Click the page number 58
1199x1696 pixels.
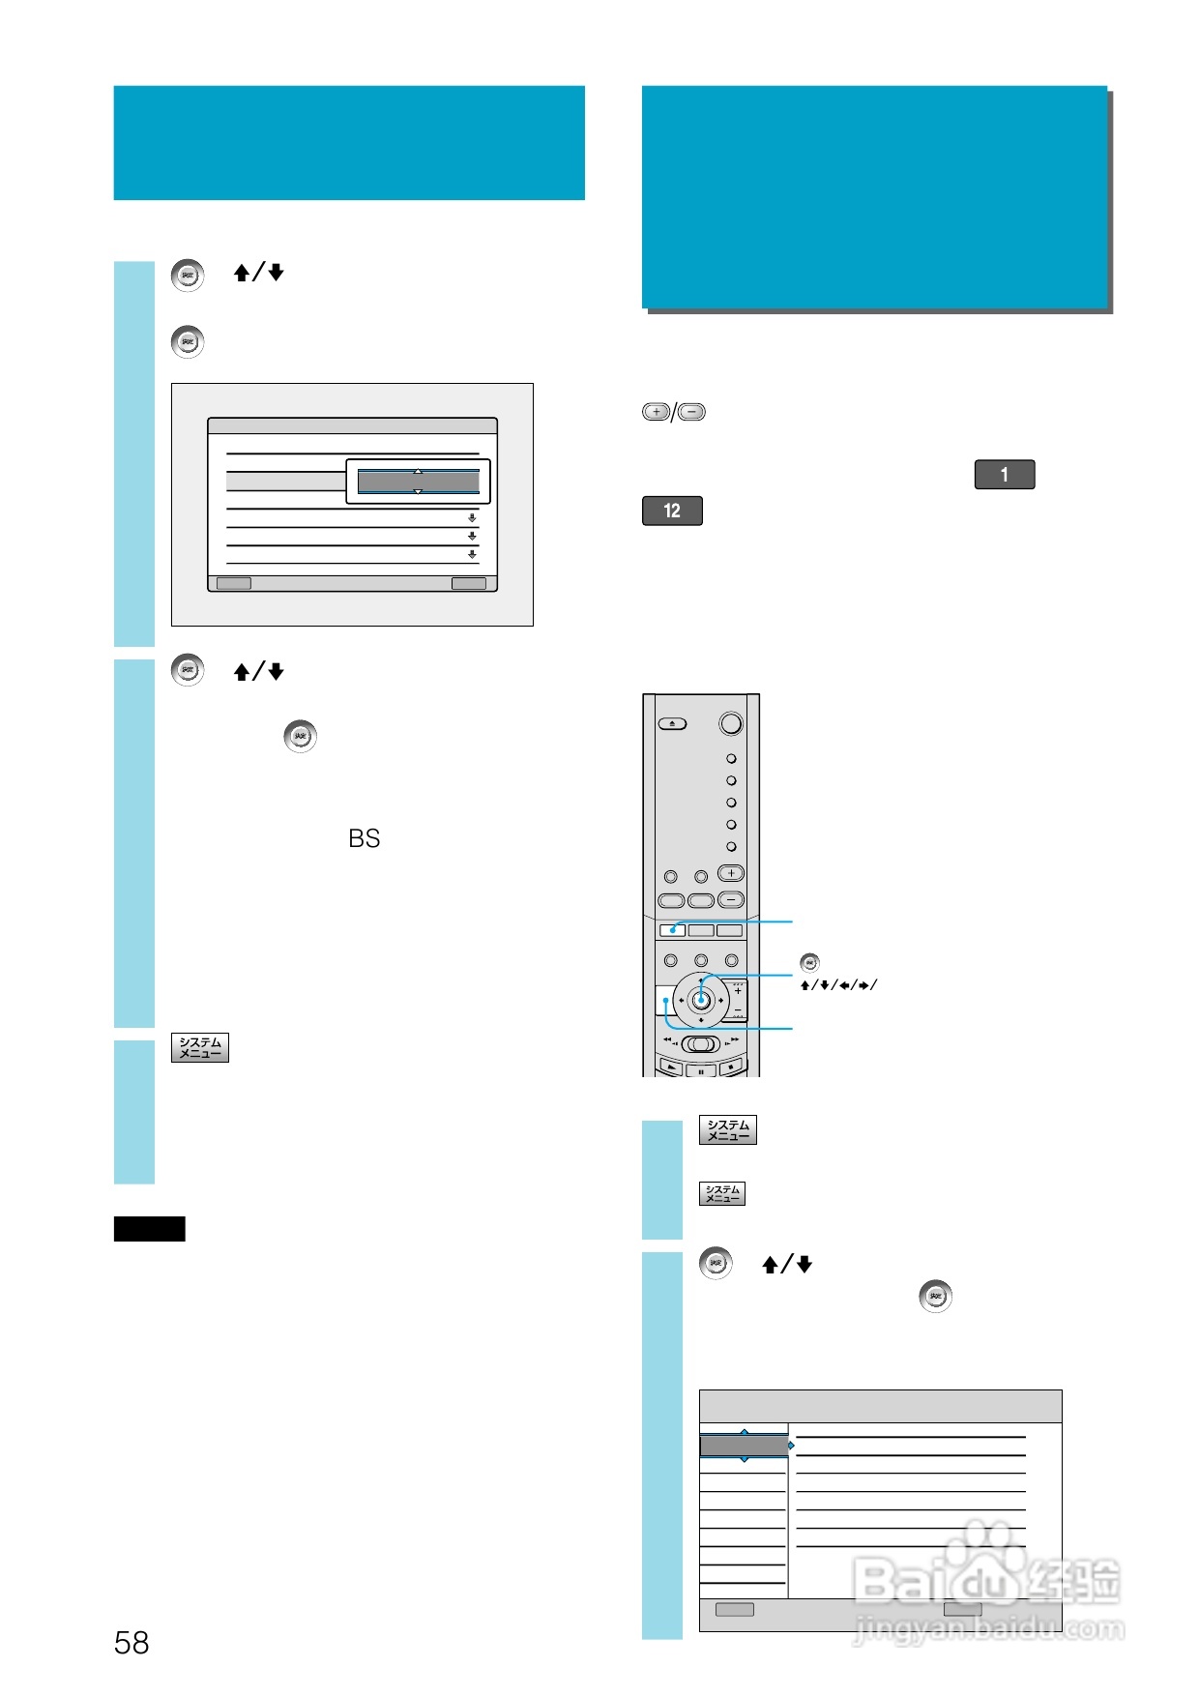(x=132, y=1642)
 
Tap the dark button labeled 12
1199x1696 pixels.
(x=672, y=511)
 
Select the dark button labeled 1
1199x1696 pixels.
(x=1005, y=475)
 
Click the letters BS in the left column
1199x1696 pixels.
(x=365, y=838)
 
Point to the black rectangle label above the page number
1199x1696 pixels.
(x=149, y=1229)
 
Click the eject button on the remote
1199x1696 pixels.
(x=672, y=723)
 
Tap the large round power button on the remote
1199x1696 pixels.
(x=731, y=723)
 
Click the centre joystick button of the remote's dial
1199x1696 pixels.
(x=701, y=1001)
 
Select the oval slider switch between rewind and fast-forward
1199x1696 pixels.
(x=701, y=1044)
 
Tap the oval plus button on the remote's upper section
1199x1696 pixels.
(x=731, y=873)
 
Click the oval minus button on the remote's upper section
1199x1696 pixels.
(x=731, y=899)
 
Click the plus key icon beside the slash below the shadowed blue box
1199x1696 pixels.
(x=656, y=412)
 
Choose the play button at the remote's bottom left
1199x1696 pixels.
(x=671, y=1067)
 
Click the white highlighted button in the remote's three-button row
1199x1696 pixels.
(x=672, y=930)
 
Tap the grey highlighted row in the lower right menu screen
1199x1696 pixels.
(x=743, y=1446)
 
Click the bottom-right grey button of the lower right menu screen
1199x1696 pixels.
(x=962, y=1609)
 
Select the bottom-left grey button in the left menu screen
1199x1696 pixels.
(x=233, y=583)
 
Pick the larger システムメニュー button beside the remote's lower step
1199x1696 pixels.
(x=727, y=1129)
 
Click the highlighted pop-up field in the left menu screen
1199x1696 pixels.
(x=419, y=482)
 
